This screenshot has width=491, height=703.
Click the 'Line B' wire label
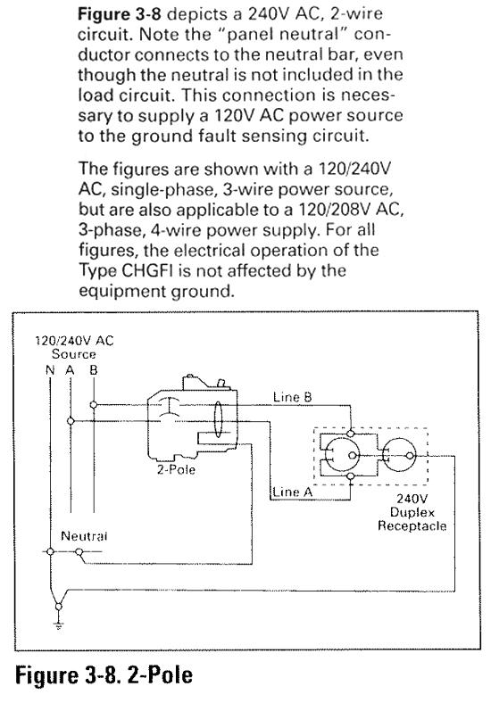point(292,397)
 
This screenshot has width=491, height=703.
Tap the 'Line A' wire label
point(292,492)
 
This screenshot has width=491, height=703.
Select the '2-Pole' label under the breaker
point(176,469)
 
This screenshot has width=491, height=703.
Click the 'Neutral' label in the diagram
point(84,536)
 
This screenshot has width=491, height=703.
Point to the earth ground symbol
point(58,625)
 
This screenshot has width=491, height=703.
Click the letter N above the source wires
point(50,370)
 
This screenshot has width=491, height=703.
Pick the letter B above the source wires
point(94,370)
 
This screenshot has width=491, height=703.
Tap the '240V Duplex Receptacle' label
point(412,512)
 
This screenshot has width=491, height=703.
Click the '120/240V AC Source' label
point(74,347)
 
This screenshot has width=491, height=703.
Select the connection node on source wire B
point(94,405)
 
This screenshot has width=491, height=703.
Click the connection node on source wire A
point(71,421)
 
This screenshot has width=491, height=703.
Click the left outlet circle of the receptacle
point(342,456)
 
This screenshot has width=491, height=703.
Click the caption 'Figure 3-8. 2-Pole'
point(104,675)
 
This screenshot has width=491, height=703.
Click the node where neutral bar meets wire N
point(50,551)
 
